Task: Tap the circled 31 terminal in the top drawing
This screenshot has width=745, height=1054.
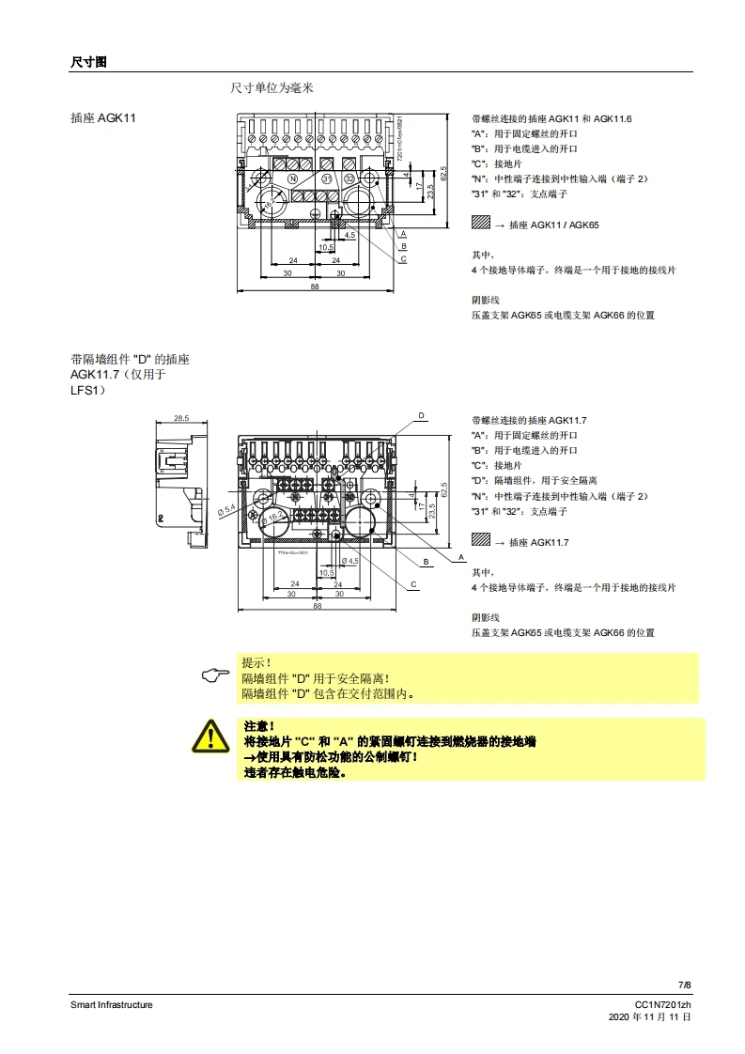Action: (x=327, y=178)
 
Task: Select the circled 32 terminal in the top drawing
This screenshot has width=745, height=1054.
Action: (x=349, y=178)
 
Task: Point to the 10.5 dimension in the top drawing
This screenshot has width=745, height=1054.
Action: (x=326, y=247)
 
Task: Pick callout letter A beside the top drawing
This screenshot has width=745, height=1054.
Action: (x=403, y=233)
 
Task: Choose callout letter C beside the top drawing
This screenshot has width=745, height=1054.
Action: (x=403, y=258)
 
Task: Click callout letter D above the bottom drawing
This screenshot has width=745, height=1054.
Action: (x=421, y=415)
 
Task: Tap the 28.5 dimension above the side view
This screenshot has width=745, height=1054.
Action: (x=180, y=418)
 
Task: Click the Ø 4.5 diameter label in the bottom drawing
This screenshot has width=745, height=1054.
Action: (x=349, y=561)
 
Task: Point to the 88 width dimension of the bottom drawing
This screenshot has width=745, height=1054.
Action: (x=317, y=607)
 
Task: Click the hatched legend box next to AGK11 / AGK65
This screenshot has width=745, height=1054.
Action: (x=481, y=225)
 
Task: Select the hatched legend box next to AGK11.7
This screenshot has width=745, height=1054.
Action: (x=481, y=542)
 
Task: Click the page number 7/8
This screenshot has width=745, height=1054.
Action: (x=685, y=984)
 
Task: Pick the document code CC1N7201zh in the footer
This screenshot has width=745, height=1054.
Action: (x=663, y=1004)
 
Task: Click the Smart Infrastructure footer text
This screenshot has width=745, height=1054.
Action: (x=111, y=1004)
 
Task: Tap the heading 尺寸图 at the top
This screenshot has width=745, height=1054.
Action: (x=89, y=61)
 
